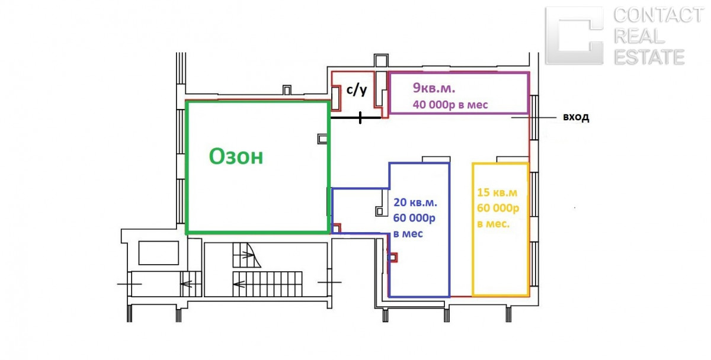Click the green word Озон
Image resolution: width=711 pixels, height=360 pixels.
[x=236, y=157]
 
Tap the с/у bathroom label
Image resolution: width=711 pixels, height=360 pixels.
[x=357, y=91]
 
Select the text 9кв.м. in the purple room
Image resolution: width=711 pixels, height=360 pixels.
[x=434, y=89]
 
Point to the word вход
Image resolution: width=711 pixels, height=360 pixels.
[x=575, y=117]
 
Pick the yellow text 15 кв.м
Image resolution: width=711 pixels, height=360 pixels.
[x=497, y=193]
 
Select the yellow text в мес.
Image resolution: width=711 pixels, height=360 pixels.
[x=493, y=224]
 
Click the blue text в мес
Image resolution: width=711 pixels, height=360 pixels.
[x=408, y=233]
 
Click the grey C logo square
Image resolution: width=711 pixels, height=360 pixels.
[x=574, y=35]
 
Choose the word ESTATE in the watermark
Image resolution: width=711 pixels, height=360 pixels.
[x=649, y=57]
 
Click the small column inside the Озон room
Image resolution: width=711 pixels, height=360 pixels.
[x=322, y=139]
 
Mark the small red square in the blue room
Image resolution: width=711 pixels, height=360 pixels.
[x=392, y=258]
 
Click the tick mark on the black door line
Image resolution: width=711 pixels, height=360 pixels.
[x=360, y=118]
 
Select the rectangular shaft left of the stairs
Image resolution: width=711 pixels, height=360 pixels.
[x=158, y=253]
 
